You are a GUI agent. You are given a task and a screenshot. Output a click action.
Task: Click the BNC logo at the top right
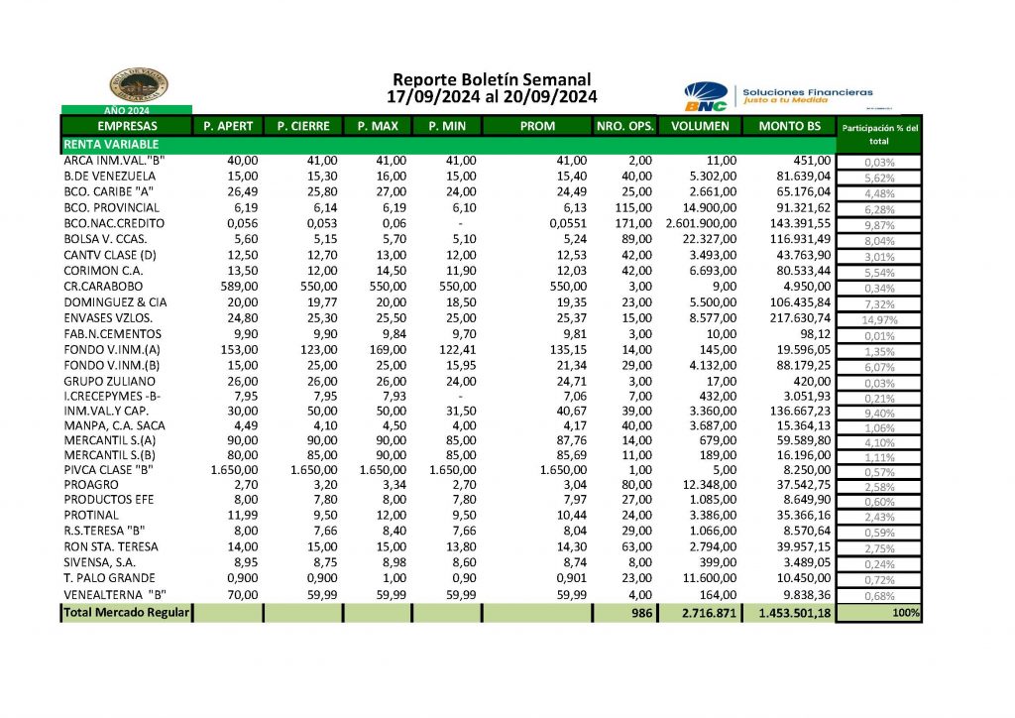[x=706, y=97]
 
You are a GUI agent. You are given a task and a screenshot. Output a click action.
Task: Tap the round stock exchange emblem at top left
[x=139, y=85]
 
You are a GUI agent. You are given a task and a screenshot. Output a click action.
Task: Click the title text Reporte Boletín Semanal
[x=492, y=79]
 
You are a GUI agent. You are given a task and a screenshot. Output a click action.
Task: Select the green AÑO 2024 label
[x=126, y=110]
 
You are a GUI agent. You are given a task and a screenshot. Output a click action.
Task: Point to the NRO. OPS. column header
[x=624, y=126]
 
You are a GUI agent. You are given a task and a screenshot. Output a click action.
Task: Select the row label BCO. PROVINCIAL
[x=111, y=208]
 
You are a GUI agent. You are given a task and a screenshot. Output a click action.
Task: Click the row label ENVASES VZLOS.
[x=106, y=319]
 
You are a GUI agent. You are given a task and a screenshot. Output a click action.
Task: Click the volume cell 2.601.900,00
[x=701, y=224]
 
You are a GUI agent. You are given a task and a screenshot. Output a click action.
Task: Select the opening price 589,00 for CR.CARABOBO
[x=236, y=288]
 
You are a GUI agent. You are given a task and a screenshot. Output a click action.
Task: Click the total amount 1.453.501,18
[x=794, y=614]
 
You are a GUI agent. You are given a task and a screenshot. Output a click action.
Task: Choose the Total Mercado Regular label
[x=125, y=614]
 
